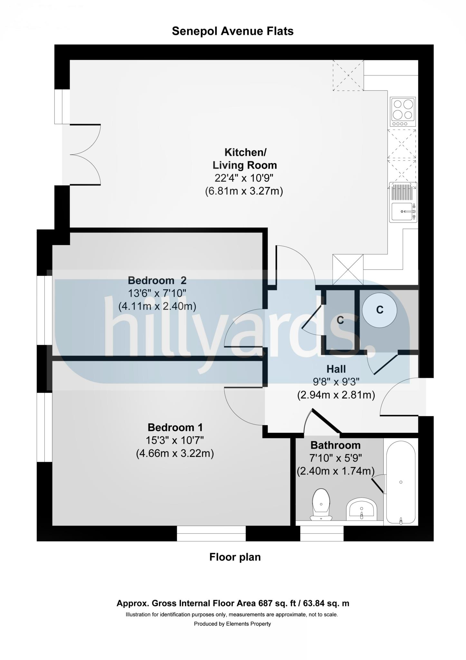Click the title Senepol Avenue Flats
click(233, 31)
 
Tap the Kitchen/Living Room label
click(245, 159)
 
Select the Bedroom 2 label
click(157, 280)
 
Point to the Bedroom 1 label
click(175, 427)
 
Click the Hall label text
click(336, 369)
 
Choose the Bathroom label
click(335, 445)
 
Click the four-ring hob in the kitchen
click(403, 112)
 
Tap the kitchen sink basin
click(403, 212)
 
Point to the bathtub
click(401, 482)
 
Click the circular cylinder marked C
click(379, 310)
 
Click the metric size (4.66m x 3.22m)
click(175, 454)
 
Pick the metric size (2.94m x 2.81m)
click(336, 395)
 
